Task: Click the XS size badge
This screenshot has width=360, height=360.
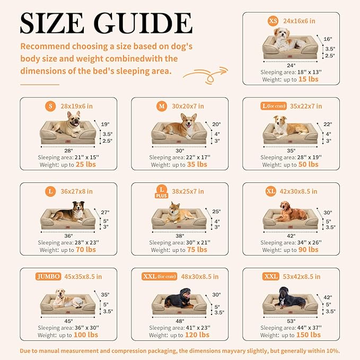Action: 273,21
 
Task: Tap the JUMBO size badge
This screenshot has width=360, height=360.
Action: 48,276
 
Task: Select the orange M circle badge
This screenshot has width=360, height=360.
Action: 162,106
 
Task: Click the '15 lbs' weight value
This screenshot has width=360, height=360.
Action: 309,79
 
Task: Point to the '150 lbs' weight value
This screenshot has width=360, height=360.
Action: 309,335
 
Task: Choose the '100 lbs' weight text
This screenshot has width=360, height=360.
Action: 86,335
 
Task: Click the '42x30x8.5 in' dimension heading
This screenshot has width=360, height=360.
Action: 298,191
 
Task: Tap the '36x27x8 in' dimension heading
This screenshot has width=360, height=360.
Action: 76,191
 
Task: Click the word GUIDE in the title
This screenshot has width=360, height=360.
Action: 143,23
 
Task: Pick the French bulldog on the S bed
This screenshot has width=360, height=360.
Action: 68,124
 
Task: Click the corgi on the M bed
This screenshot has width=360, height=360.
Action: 181,126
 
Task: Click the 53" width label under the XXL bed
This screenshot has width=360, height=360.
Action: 291,321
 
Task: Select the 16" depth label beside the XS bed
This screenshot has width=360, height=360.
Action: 328,39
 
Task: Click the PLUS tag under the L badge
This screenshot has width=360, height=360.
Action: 162,196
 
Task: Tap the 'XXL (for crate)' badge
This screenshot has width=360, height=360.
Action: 160,276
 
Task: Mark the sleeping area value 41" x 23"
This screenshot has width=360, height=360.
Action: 197,328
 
